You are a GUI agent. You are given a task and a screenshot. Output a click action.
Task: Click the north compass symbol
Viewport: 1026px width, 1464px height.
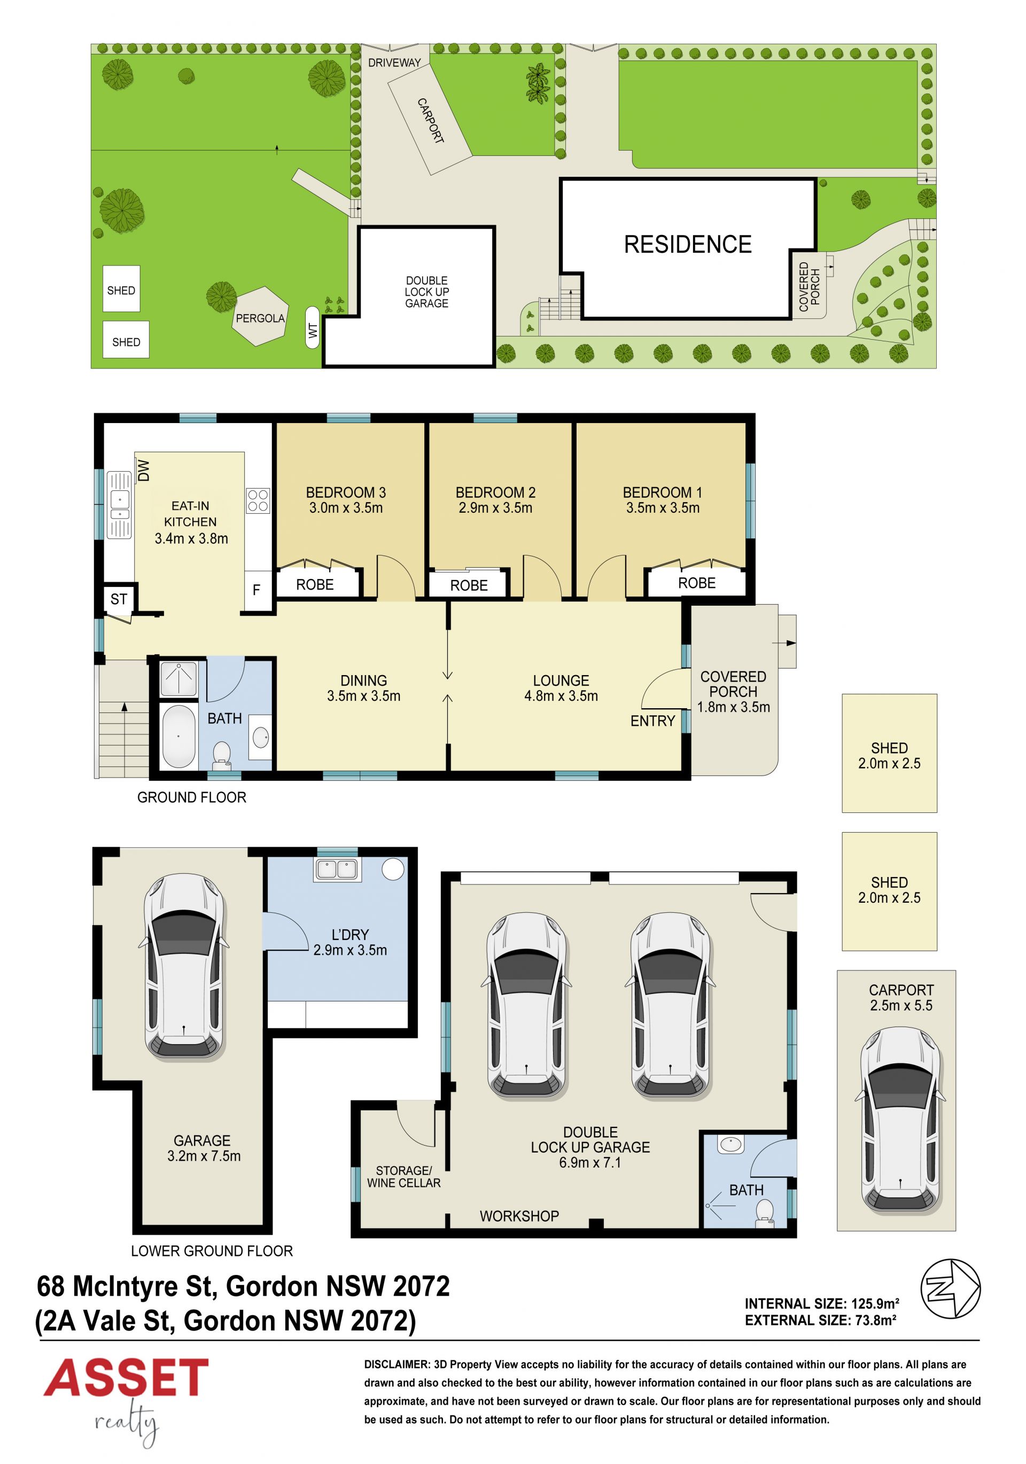(x=950, y=1289)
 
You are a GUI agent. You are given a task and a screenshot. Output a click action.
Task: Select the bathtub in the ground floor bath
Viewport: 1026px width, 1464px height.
(x=178, y=737)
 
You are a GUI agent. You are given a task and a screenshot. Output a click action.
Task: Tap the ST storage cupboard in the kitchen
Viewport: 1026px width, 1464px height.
(x=119, y=599)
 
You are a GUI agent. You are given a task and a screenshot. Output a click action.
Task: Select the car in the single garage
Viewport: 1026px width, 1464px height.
(x=184, y=967)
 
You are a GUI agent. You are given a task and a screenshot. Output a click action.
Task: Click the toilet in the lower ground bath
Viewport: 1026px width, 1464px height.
(x=764, y=1211)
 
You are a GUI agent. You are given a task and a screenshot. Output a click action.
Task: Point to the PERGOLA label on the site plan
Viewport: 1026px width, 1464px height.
(x=260, y=318)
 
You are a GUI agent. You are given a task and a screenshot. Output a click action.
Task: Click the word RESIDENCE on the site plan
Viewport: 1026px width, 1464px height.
(x=688, y=244)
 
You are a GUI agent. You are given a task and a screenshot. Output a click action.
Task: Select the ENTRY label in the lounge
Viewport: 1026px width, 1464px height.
(x=652, y=721)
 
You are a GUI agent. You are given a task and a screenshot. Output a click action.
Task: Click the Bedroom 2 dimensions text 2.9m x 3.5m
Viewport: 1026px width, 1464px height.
(x=495, y=508)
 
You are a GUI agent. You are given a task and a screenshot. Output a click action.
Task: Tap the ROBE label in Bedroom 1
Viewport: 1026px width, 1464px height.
(x=697, y=583)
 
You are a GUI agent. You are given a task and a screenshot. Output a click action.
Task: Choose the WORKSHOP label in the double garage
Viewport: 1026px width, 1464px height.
(x=519, y=1216)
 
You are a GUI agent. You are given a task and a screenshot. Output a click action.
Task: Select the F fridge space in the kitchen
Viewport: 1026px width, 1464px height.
(x=256, y=590)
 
